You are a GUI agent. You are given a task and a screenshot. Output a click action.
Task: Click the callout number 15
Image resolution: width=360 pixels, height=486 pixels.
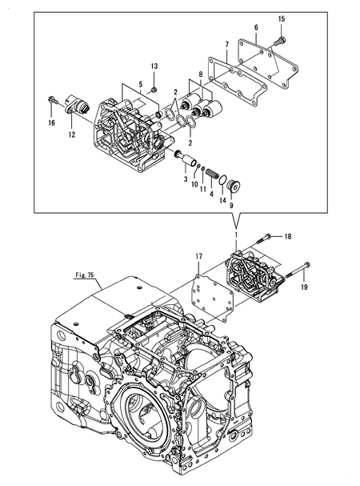tap(282, 19)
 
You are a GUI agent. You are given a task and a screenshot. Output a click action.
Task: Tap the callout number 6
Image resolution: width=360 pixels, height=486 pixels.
tap(256, 27)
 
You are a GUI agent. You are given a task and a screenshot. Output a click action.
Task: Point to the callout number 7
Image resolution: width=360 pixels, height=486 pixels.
tap(226, 45)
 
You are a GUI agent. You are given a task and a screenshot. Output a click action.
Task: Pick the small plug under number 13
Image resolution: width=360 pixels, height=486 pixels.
tap(154, 90)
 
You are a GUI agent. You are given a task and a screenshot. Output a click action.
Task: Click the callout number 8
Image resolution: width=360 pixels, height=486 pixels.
tap(201, 74)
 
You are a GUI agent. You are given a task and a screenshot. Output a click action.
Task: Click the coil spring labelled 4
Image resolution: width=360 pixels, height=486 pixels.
tap(212, 173)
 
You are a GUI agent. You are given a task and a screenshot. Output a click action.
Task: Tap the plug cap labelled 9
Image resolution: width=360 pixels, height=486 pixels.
tap(234, 187)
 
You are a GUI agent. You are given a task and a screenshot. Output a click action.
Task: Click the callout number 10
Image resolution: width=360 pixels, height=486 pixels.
tap(194, 184)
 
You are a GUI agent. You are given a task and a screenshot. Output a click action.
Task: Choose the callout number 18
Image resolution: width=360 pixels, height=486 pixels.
tap(288, 237)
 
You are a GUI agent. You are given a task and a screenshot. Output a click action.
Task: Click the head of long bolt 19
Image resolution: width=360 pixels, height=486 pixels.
tap(307, 265)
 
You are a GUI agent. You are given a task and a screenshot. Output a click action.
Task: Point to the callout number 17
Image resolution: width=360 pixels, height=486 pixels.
tap(198, 257)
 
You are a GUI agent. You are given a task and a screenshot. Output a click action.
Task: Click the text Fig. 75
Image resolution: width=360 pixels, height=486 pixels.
tap(85, 275)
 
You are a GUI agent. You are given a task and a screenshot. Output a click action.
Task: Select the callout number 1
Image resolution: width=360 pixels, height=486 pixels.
tap(236, 235)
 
